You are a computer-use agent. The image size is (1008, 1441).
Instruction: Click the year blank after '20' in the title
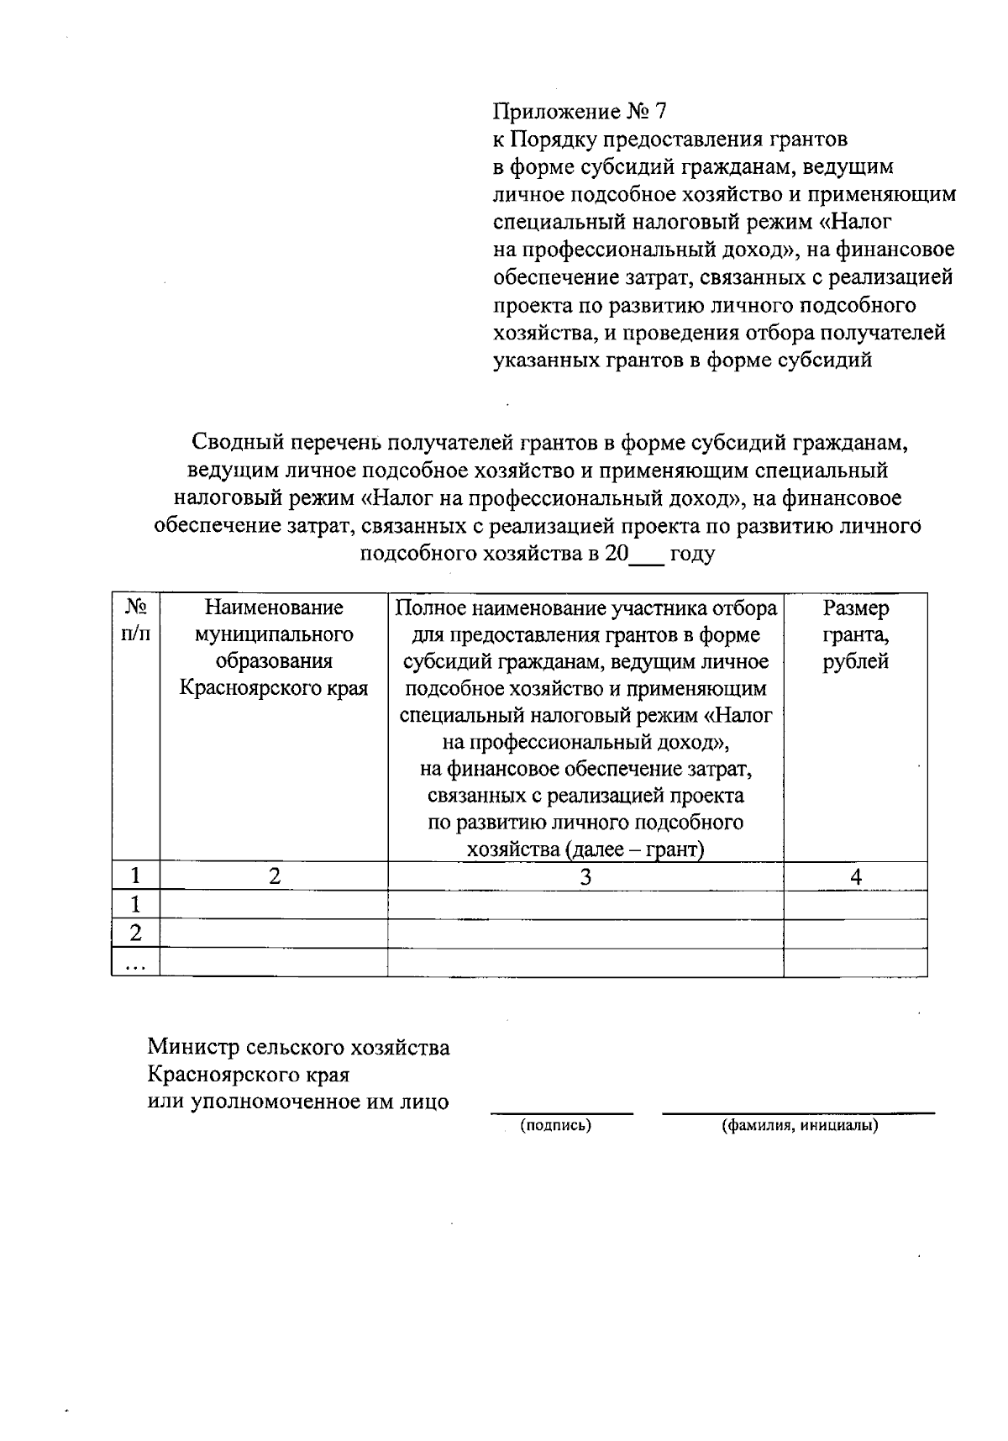pyautogui.click(x=646, y=555)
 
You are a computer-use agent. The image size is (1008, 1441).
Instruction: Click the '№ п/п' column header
pyautogui.click(x=135, y=620)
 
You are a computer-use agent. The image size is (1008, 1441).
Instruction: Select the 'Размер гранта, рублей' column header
pyautogui.click(x=855, y=634)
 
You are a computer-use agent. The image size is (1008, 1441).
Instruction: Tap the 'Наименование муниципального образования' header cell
pyautogui.click(x=274, y=647)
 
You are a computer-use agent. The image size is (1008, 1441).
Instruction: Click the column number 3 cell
pyautogui.click(x=585, y=876)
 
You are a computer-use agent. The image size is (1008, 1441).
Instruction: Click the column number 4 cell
pyautogui.click(x=855, y=876)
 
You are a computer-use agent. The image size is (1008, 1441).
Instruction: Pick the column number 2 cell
pyautogui.click(x=274, y=876)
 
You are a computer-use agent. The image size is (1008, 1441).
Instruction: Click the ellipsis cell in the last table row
pyautogui.click(x=135, y=963)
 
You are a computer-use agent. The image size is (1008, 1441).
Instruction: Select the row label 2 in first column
pyautogui.click(x=135, y=933)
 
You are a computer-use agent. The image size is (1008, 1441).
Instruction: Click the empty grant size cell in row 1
pyautogui.click(x=855, y=905)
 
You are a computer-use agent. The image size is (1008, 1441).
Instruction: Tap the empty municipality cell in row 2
pyautogui.click(x=274, y=933)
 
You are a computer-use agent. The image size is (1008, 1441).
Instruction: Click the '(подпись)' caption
pyautogui.click(x=556, y=1125)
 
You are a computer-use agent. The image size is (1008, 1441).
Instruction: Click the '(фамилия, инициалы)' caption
pyautogui.click(x=799, y=1125)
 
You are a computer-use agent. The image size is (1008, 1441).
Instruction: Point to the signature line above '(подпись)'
pyautogui.click(x=561, y=1112)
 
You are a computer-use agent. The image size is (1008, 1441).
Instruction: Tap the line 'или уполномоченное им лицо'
pyautogui.click(x=298, y=1102)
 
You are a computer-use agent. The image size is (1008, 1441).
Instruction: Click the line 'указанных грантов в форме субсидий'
pyautogui.click(x=682, y=360)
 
